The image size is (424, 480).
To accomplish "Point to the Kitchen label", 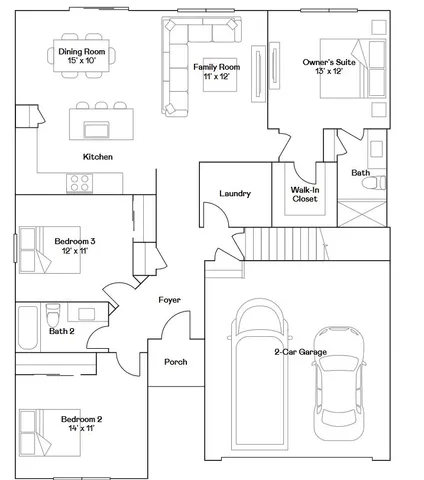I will click(x=97, y=157).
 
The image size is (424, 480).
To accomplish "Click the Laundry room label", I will click(x=234, y=193).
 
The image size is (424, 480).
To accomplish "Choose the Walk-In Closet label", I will click(x=305, y=194).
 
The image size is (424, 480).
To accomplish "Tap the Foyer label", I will click(x=169, y=300).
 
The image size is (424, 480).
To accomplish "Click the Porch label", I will click(x=175, y=362).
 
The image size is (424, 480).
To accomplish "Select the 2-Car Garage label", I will click(x=299, y=351).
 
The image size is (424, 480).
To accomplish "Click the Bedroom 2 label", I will click(x=82, y=423).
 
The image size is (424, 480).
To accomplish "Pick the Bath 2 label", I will click(x=62, y=331).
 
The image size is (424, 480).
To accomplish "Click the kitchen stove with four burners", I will click(x=80, y=182).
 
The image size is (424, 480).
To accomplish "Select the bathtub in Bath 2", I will click(x=27, y=326).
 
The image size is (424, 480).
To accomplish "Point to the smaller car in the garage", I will click(x=337, y=383).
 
